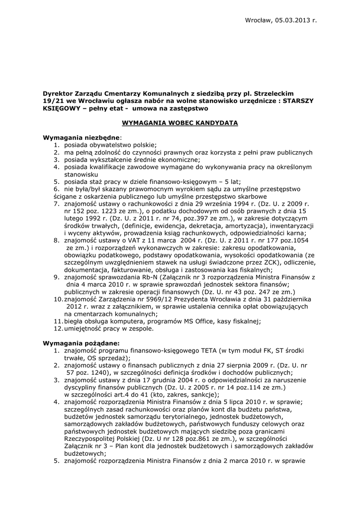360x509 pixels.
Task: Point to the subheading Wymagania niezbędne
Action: [81, 137]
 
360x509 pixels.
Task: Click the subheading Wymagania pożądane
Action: [81, 343]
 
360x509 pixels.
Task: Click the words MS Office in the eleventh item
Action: [180, 321]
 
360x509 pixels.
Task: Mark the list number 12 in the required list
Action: [57, 329]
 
